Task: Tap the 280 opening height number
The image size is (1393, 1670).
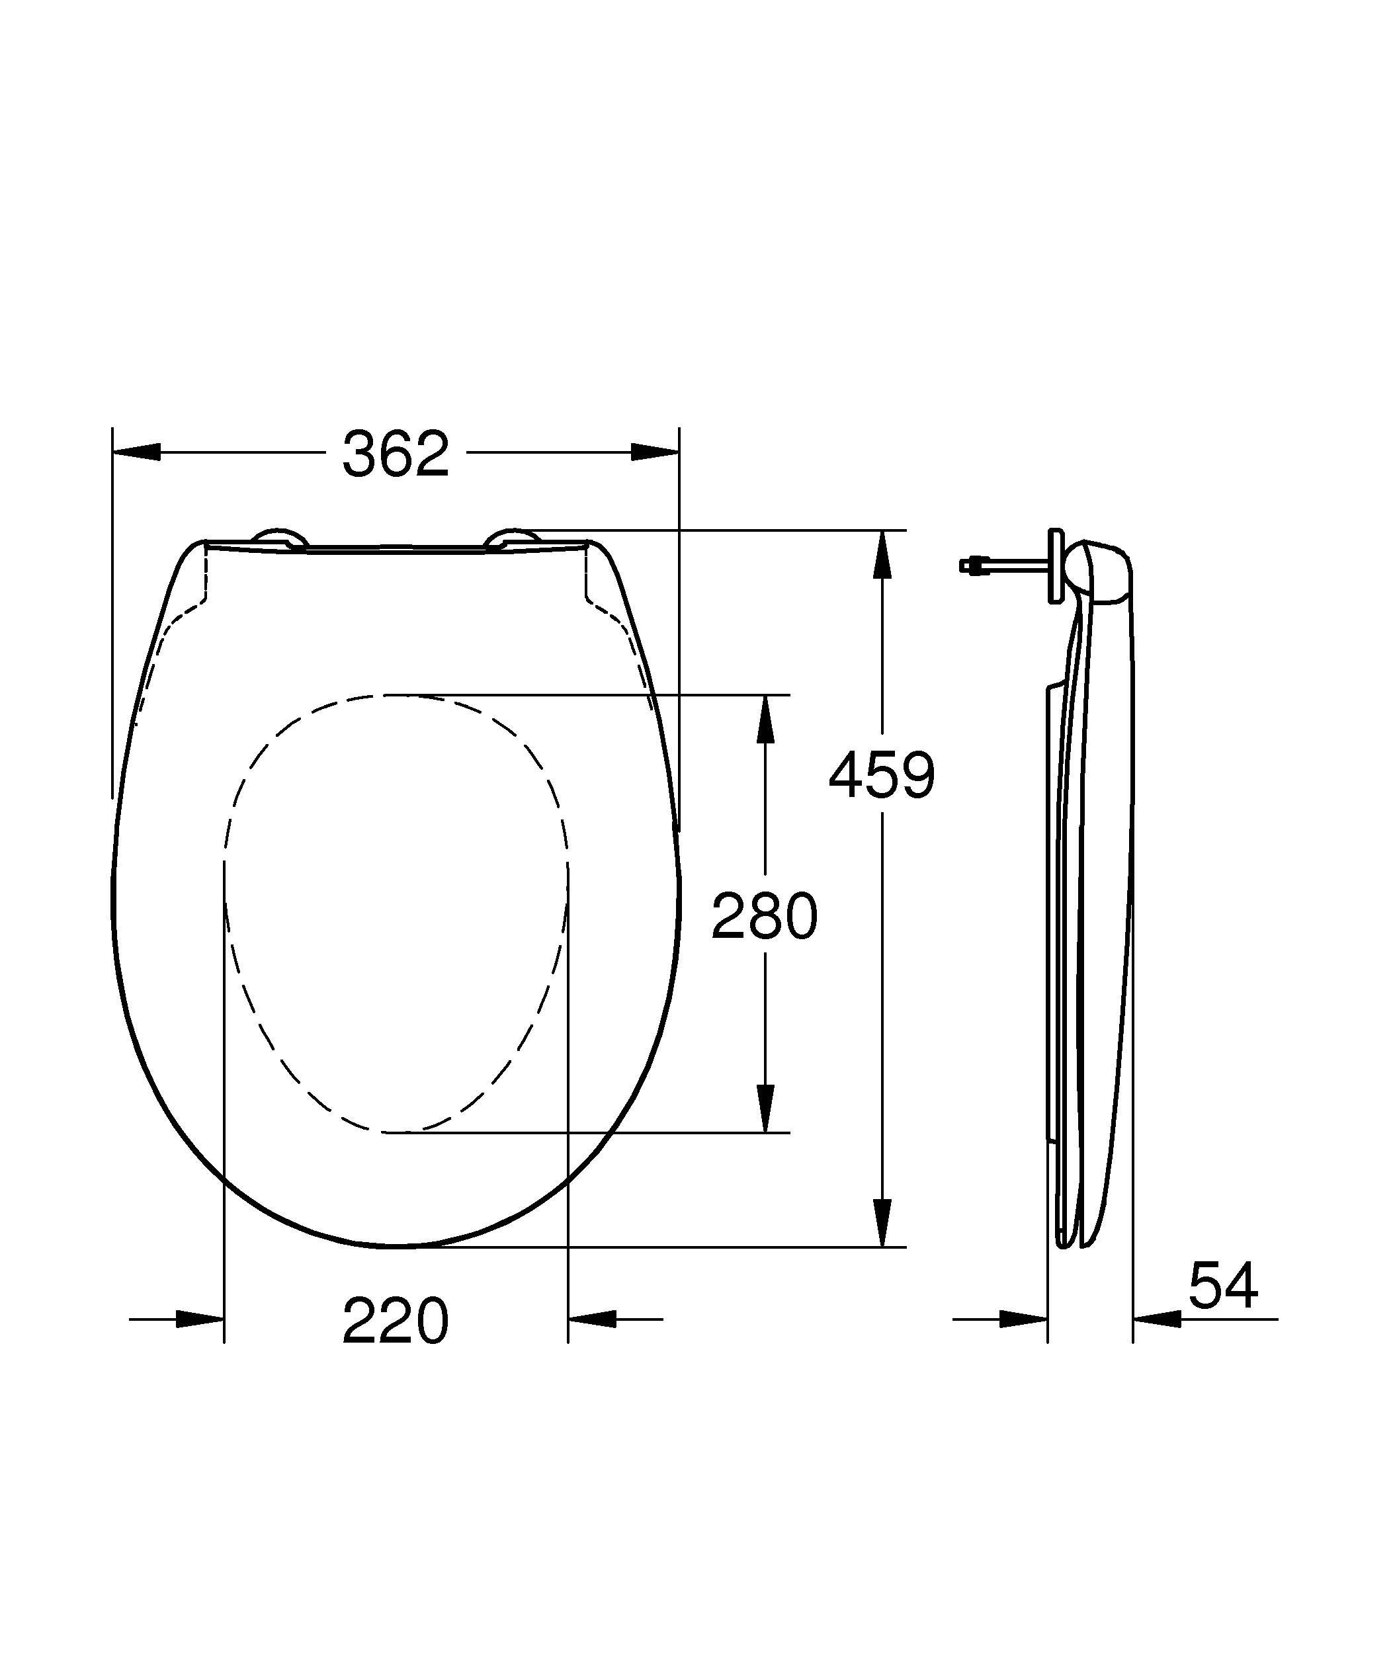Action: (x=763, y=916)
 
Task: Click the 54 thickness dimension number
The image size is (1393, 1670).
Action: (x=1223, y=1286)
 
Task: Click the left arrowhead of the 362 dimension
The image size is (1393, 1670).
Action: (x=137, y=452)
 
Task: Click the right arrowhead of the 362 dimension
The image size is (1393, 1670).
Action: (x=655, y=452)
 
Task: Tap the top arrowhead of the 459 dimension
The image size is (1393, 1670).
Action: (x=882, y=555)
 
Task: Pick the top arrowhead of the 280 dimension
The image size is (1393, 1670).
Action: (x=765, y=720)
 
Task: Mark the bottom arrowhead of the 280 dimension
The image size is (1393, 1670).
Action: (x=765, y=1107)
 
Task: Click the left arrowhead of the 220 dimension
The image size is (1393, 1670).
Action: (x=200, y=1319)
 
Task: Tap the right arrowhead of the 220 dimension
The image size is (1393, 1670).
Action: (x=593, y=1319)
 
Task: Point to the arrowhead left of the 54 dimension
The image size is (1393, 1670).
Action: (x=1023, y=1319)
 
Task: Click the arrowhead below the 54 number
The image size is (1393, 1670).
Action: (x=1158, y=1319)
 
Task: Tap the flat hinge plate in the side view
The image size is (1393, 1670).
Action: (x=1055, y=565)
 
